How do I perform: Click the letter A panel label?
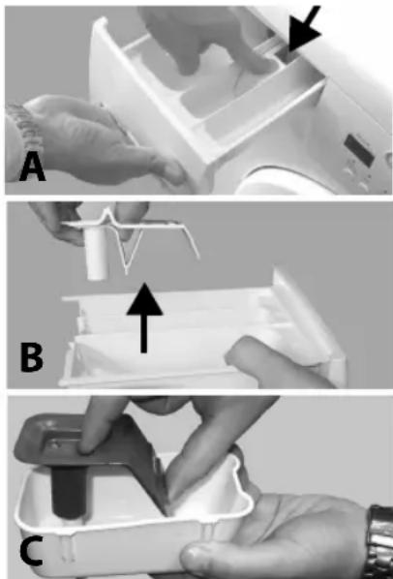(33, 168)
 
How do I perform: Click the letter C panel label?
(31, 553)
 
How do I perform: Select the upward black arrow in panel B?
(144, 318)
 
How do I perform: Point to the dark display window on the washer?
(360, 150)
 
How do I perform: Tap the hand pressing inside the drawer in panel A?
(206, 41)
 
